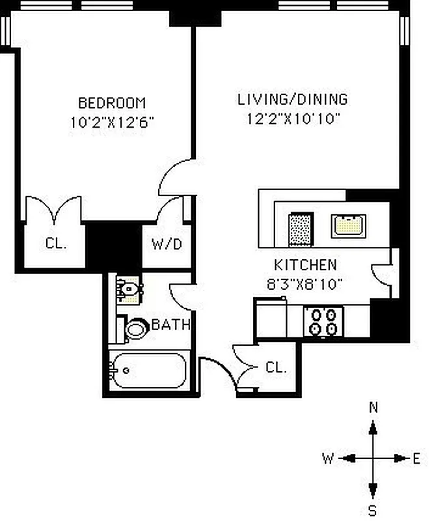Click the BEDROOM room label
pyautogui.click(x=112, y=103)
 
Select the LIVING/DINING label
pyautogui.click(x=292, y=100)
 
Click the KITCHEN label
pyautogui.click(x=305, y=265)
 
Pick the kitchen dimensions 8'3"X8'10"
pyautogui.click(x=305, y=283)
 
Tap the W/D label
pyautogui.click(x=167, y=245)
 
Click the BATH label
pyautogui.click(x=170, y=324)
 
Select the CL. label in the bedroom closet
pyautogui.click(x=55, y=244)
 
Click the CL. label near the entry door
pyautogui.click(x=276, y=367)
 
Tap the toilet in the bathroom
pyautogui.click(x=135, y=328)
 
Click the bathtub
pyautogui.click(x=148, y=371)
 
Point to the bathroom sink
pyautogui.click(x=129, y=289)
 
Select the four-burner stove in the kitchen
pyautogui.click(x=324, y=321)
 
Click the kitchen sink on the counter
pyautogui.click(x=349, y=225)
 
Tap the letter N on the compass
pyautogui.click(x=373, y=408)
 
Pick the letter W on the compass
pyautogui.click(x=328, y=458)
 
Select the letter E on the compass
pyautogui.click(x=416, y=458)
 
